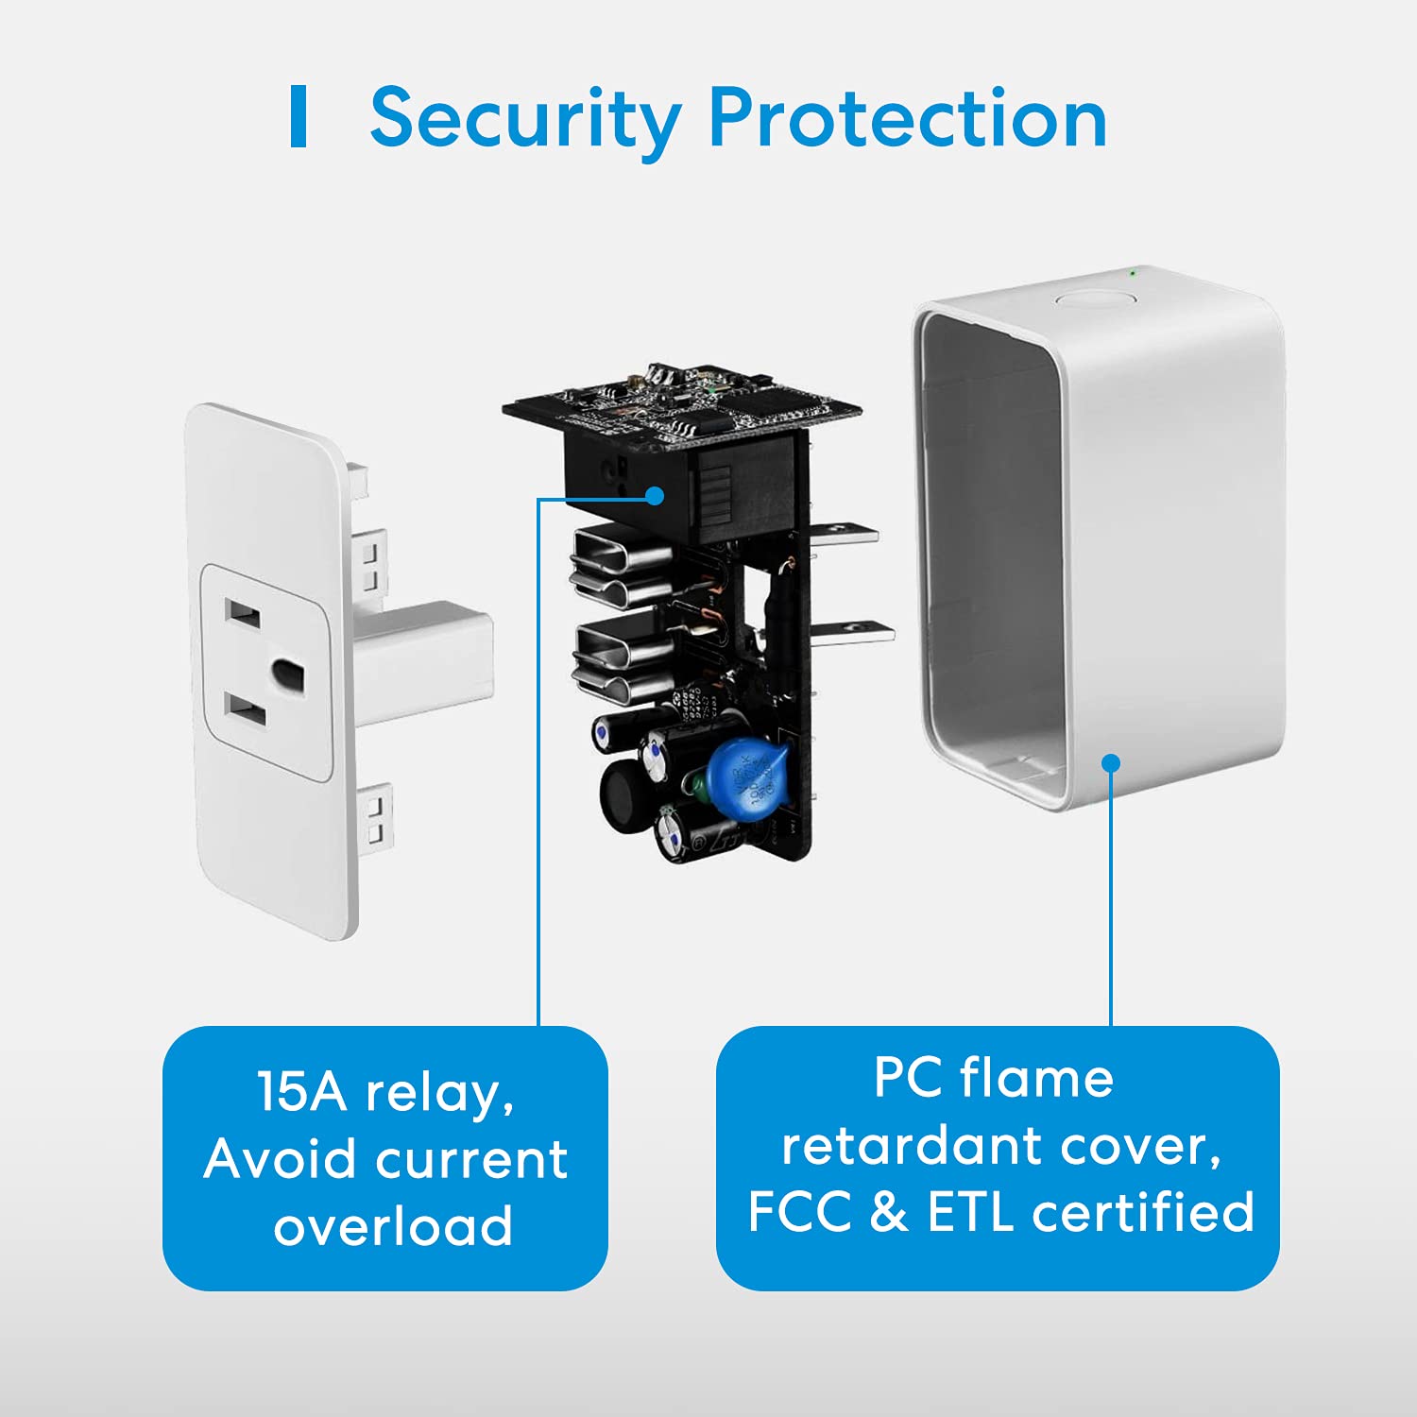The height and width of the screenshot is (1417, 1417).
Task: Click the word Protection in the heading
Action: [907, 119]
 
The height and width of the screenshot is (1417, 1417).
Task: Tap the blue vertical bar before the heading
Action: [299, 116]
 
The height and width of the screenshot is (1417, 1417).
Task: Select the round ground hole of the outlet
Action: [287, 674]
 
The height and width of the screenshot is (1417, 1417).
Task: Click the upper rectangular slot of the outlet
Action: [243, 613]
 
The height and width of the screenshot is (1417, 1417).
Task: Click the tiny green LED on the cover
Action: [1133, 274]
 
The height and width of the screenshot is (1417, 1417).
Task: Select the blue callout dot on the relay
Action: [655, 496]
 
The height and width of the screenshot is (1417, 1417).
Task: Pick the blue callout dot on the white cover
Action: [1111, 762]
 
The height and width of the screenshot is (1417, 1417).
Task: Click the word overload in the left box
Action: [392, 1225]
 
